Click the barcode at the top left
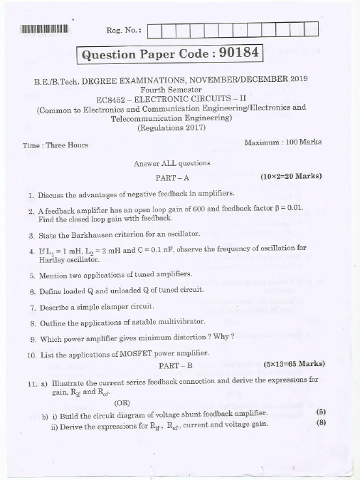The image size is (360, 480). [x=43, y=30]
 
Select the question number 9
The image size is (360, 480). [x=32, y=338]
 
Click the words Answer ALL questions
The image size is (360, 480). [x=169, y=163]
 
